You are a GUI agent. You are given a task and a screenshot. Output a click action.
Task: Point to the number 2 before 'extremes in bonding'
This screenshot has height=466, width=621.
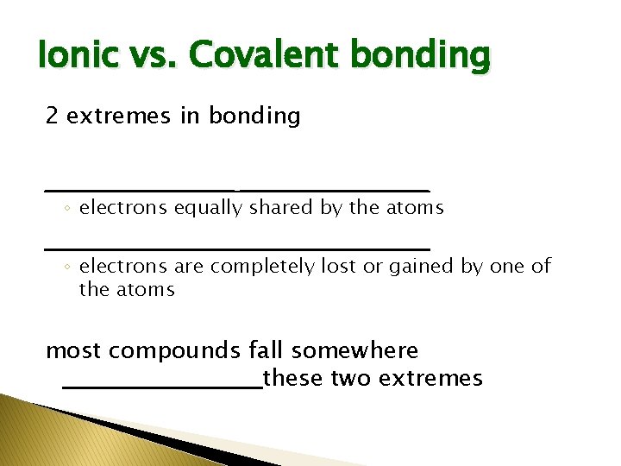coord(52,116)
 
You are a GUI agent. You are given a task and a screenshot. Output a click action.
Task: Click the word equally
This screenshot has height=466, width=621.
coord(208,208)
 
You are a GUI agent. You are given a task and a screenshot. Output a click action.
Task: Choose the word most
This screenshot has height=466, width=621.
coord(74,351)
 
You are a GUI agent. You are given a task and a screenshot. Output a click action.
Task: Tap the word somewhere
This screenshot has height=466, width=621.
coord(354,351)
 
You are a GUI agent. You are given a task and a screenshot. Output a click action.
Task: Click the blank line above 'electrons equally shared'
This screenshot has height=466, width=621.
coord(236,189)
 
